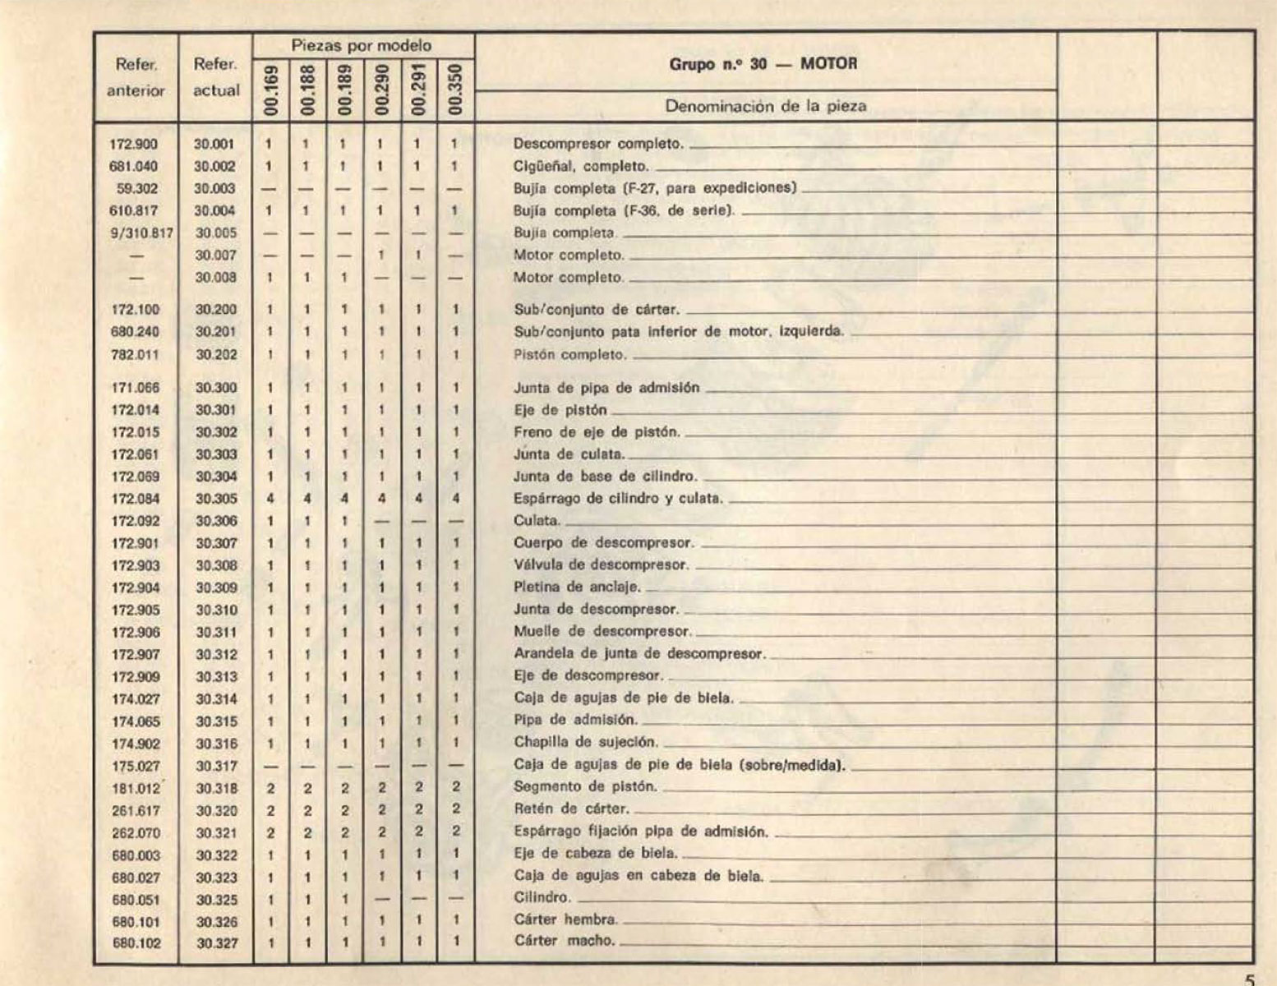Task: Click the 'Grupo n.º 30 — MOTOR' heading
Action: tap(763, 64)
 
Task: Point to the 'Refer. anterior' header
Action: tap(136, 77)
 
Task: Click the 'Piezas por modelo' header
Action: tap(362, 46)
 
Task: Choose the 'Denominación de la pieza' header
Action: tap(765, 106)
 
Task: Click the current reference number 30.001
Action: tap(215, 144)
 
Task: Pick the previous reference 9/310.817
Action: tap(141, 233)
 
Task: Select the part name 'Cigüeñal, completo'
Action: tap(581, 166)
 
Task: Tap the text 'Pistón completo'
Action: tap(570, 355)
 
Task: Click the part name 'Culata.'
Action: tap(537, 520)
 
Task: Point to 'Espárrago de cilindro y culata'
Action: tap(618, 498)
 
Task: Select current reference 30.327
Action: tap(217, 943)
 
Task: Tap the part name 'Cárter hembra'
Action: tap(566, 919)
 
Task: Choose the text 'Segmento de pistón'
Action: tap(586, 786)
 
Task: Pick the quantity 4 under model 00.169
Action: tap(270, 499)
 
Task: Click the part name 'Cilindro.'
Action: tap(542, 897)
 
